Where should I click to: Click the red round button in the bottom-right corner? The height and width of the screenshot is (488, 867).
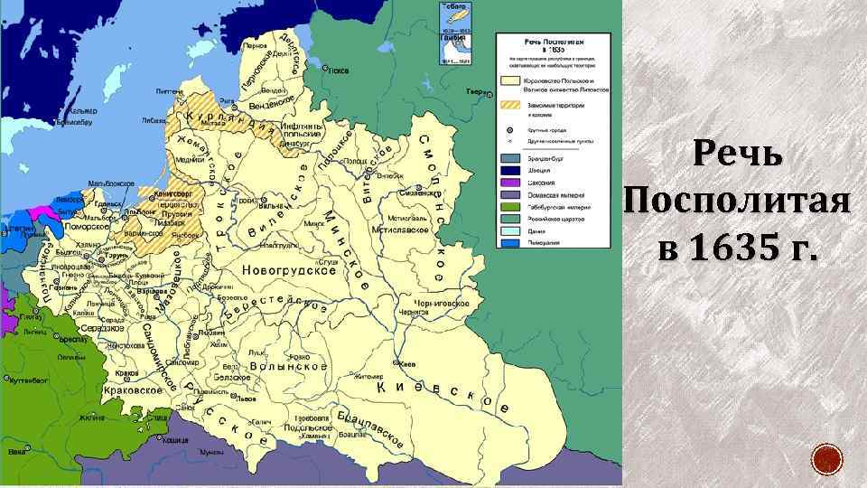tap(826, 459)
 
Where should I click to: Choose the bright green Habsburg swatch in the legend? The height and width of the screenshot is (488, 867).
tap(508, 207)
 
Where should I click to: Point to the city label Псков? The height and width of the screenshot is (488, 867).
tap(337, 70)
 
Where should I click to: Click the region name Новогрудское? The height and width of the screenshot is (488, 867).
tap(289, 270)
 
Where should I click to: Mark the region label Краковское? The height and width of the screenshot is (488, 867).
tap(135, 389)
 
